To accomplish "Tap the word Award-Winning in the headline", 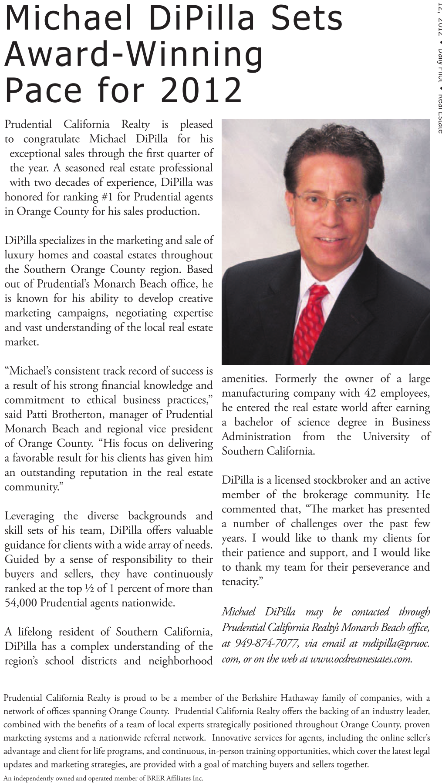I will [x=134, y=54].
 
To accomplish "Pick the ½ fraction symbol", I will [x=90, y=589].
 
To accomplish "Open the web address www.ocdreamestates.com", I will [x=361, y=659].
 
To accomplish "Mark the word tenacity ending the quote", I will [x=239, y=582].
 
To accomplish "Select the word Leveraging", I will [x=29, y=516].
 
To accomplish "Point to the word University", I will [x=386, y=436].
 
